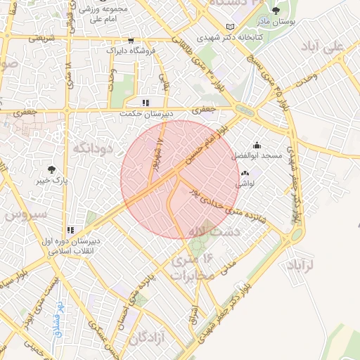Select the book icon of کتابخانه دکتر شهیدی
(x=230, y=27)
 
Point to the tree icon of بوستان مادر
(x=275, y=11)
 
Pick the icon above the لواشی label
(x=245, y=173)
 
